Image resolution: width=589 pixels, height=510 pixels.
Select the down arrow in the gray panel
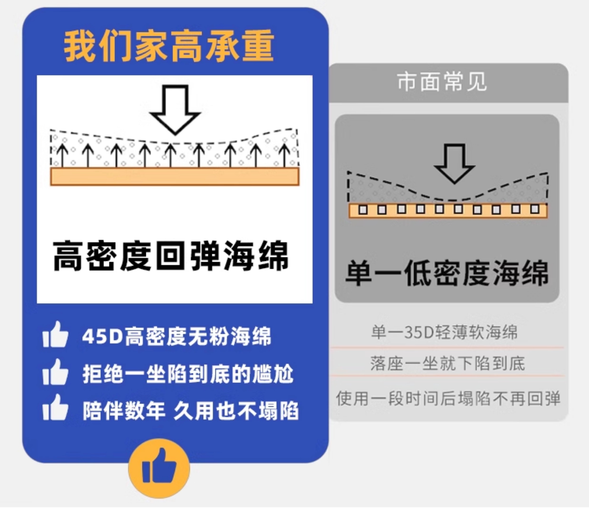click(x=454, y=163)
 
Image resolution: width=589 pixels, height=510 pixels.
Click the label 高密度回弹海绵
click(x=171, y=255)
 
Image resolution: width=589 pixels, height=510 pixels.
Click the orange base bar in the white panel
click(x=175, y=177)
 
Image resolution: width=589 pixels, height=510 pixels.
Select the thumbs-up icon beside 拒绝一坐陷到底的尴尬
click(x=56, y=372)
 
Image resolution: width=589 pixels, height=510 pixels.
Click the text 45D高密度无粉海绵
click(x=176, y=336)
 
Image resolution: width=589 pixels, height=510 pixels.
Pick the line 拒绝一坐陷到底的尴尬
click(x=188, y=373)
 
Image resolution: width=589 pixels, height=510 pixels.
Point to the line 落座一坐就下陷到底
click(x=447, y=364)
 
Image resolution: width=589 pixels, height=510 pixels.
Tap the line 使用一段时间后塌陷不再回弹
click(x=448, y=398)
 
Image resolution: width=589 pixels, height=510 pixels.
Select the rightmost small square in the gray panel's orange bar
click(x=535, y=209)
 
